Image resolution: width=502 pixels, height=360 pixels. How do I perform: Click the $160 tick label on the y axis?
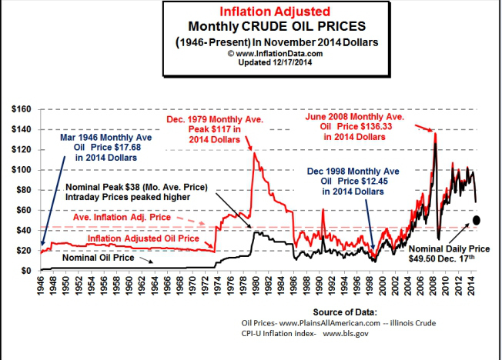[18, 109]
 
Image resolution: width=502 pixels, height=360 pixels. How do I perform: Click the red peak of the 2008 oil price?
[435, 134]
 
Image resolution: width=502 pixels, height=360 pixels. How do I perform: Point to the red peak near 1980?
[253, 153]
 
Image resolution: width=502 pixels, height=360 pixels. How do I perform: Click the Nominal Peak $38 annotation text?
[139, 187]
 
